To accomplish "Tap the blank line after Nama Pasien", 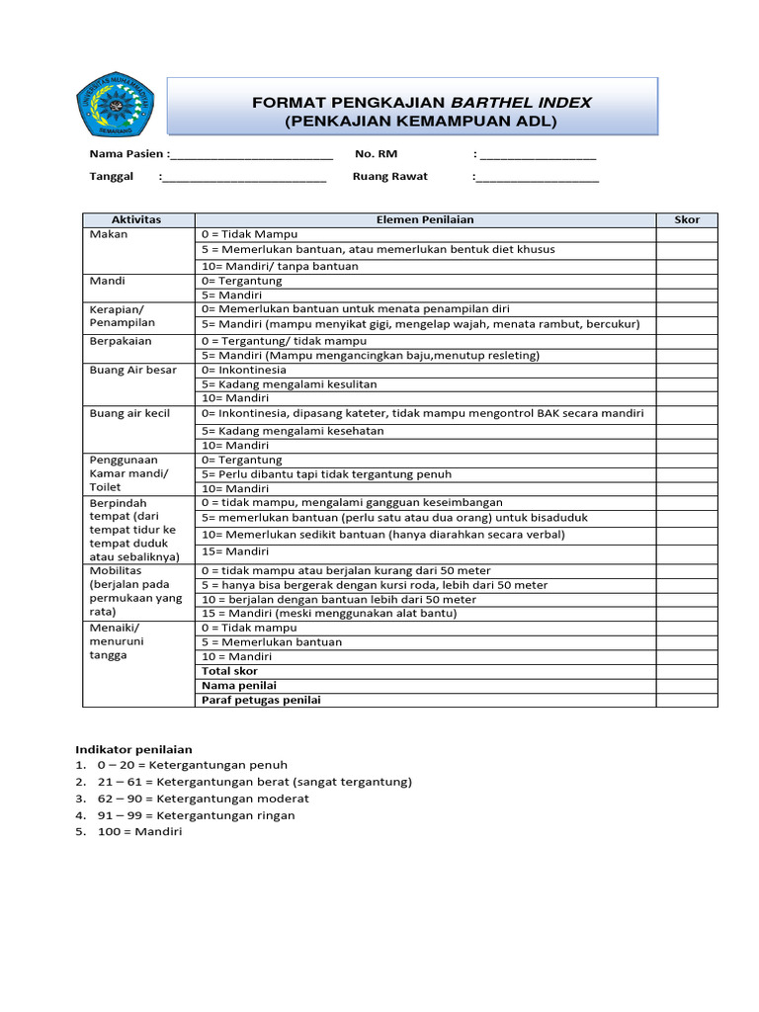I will (x=251, y=155).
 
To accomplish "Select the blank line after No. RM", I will (x=538, y=155).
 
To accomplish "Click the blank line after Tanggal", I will (x=244, y=178).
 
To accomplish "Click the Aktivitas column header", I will (x=137, y=219).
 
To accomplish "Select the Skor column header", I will (x=687, y=219).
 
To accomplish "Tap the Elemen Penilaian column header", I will (x=425, y=219).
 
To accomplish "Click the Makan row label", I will (x=109, y=234).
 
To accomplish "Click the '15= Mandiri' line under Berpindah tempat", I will (x=235, y=551).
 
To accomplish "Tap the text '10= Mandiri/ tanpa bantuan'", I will (x=280, y=266).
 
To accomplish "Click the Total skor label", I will (x=229, y=671).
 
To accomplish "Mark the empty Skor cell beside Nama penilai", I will (x=687, y=685).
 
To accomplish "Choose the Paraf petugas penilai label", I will (x=261, y=700).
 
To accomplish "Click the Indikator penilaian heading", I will (x=134, y=750).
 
